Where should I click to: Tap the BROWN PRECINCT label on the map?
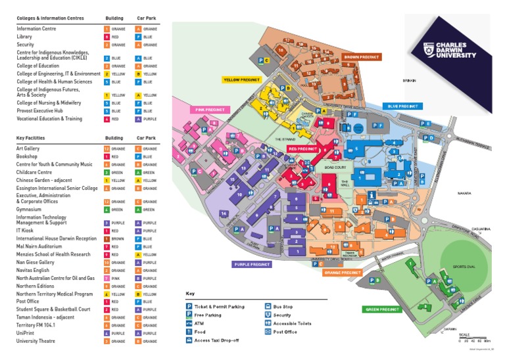pyautogui.click(x=362, y=57)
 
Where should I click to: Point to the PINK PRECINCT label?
pyautogui.click(x=209, y=110)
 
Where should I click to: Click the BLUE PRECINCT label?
pyautogui.click(x=402, y=105)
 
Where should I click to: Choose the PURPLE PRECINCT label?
pyautogui.click(x=251, y=264)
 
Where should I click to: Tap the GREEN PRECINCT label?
pyautogui.click(x=381, y=309)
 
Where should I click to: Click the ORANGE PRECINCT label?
pyautogui.click(x=343, y=272)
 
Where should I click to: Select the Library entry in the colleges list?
pyautogui.click(x=24, y=37)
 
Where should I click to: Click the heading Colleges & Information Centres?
pyautogui.click(x=50, y=18)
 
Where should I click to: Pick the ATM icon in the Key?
pyautogui.click(x=189, y=324)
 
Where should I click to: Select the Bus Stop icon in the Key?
pyautogui.click(x=268, y=306)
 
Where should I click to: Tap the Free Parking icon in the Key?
pyautogui.click(x=189, y=315)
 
